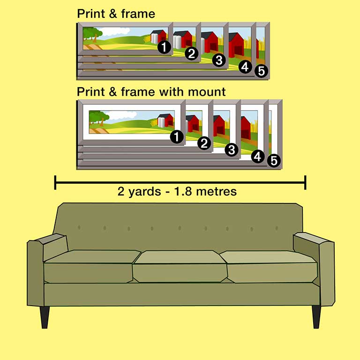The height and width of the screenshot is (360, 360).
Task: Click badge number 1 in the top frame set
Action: (x=164, y=47)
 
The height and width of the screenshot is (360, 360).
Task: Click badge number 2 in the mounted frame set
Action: (x=204, y=143)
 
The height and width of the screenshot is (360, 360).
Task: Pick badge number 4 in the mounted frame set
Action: (x=257, y=156)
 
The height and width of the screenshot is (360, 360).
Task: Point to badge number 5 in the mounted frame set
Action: (x=274, y=161)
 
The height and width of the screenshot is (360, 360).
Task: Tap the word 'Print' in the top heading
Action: (x=90, y=14)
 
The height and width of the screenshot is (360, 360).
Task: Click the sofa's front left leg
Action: (x=45, y=317)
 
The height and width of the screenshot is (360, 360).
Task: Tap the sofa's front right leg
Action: (x=316, y=317)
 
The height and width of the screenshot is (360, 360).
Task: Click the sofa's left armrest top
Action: (x=50, y=239)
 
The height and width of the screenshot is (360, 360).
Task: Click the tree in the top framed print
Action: (x=92, y=34)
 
